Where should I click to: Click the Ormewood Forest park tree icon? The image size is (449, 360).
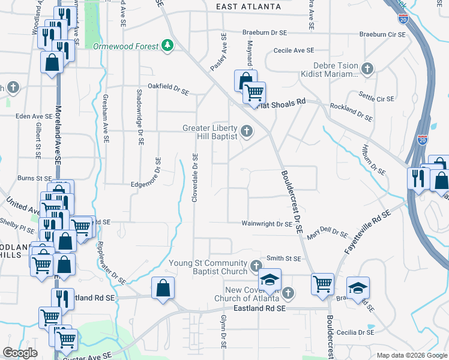coord(169,46)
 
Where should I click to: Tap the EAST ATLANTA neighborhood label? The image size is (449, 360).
coord(249,7)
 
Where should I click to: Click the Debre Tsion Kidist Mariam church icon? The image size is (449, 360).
coord(367,71)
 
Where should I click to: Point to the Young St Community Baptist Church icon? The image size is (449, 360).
coord(256,266)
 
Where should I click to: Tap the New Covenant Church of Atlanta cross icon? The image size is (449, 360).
coord(288,293)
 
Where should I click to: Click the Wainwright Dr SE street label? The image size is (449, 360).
coord(267,224)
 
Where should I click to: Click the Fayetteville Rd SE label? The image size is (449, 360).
coord(368,233)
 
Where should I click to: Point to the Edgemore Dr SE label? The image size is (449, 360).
coord(146,173)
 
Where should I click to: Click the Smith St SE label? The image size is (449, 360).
coord(283,258)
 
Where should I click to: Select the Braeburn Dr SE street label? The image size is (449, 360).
coord(270,33)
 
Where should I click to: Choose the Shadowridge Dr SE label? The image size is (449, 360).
coord(139,118)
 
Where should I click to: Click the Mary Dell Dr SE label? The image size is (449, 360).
coord(327,233)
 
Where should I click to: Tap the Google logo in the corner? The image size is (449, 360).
coord(20,353)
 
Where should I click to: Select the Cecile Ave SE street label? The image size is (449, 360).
coord(294,51)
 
